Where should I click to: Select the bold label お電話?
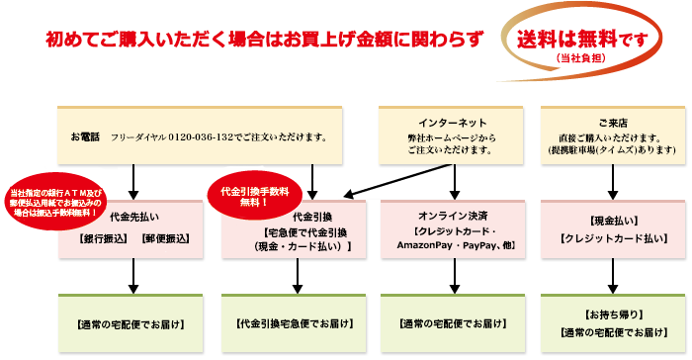(x=85, y=135)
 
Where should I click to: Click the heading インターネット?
(x=451, y=115)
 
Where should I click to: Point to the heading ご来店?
(x=614, y=115)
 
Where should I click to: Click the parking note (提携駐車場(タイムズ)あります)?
(x=614, y=150)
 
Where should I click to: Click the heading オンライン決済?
(x=451, y=214)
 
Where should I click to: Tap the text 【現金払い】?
(x=614, y=217)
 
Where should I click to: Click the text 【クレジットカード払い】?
(x=614, y=239)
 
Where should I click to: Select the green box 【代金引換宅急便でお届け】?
(x=293, y=324)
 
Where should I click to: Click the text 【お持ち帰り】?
(x=614, y=314)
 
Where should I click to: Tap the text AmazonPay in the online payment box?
(x=424, y=242)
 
